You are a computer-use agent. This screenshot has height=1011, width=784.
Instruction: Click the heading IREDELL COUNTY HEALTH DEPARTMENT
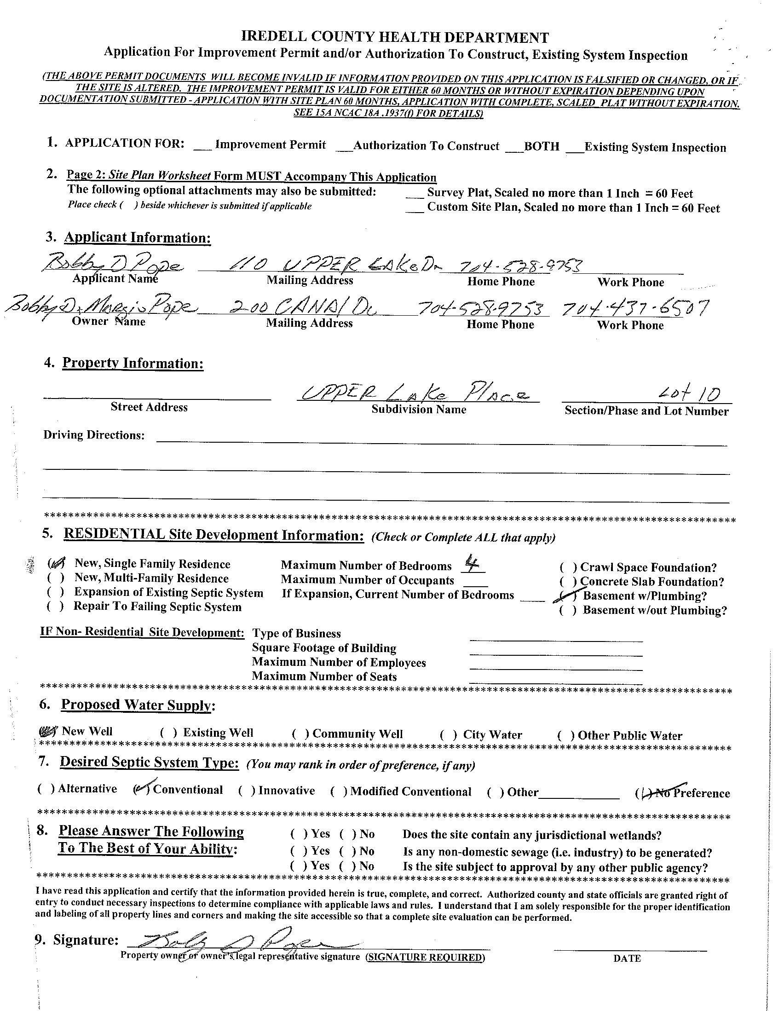pyautogui.click(x=395, y=37)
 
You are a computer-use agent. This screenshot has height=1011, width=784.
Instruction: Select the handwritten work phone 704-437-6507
pyautogui.click(x=634, y=308)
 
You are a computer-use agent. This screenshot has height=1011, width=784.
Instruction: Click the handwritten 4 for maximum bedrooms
pyautogui.click(x=473, y=565)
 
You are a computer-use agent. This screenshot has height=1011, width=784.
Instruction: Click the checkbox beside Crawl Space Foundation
pyautogui.click(x=568, y=567)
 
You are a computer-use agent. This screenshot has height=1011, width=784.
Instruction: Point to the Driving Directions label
pyautogui.click(x=94, y=435)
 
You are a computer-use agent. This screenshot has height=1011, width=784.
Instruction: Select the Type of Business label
pyautogui.click(x=296, y=634)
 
